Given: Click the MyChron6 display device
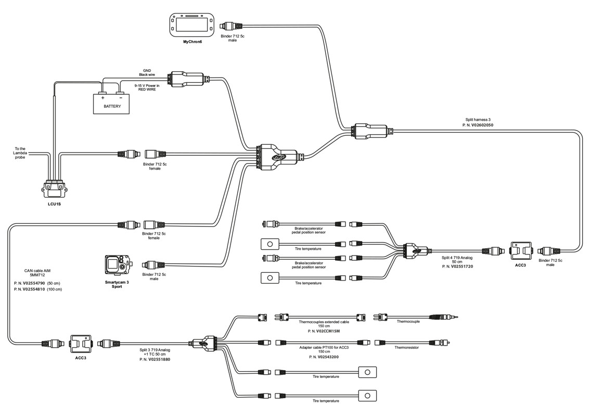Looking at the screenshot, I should [x=192, y=24].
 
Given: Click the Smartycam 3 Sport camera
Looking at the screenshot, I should [x=116, y=266].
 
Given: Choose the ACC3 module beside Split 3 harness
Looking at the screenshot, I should [x=80, y=344].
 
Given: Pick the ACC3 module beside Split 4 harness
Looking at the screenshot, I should [x=520, y=251].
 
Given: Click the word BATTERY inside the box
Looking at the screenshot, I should [x=112, y=106].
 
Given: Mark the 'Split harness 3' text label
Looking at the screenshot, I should [x=478, y=119].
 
